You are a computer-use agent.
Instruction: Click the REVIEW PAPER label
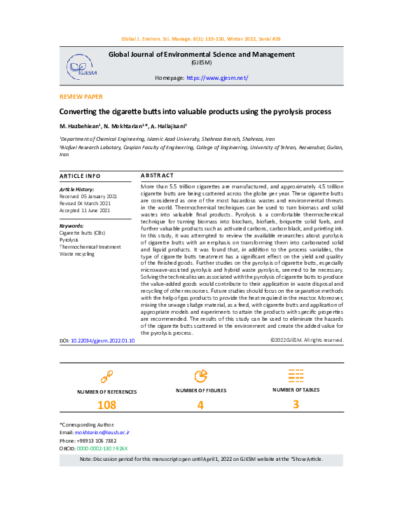[x=81, y=97]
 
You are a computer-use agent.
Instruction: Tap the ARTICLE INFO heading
[x=80, y=175]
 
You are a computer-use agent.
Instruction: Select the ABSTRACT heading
[x=157, y=175]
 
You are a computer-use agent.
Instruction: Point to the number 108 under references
[x=106, y=405]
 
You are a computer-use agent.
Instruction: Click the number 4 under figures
[x=200, y=405]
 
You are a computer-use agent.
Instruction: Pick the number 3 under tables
[x=296, y=403]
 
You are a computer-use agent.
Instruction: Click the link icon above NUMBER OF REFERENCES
[x=106, y=376]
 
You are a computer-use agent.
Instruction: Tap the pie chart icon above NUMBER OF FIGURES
[x=200, y=375]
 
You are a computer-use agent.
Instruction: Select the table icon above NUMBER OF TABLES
[x=296, y=375]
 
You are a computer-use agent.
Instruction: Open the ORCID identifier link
[x=102, y=448]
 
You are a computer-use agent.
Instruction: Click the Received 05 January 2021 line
[x=88, y=196]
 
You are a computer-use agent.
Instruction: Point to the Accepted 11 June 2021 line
[x=85, y=209]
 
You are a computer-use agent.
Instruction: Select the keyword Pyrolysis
[x=69, y=240]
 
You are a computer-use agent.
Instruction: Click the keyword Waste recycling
[x=78, y=254]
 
